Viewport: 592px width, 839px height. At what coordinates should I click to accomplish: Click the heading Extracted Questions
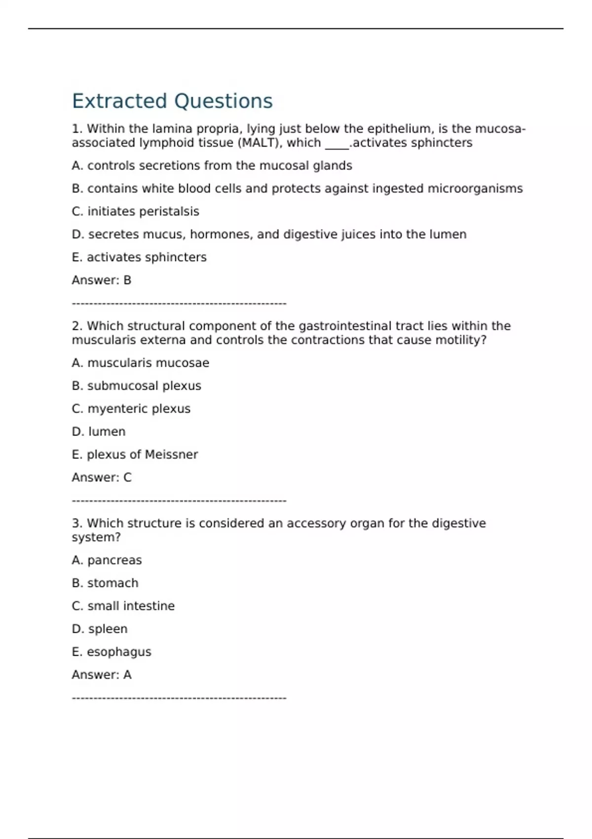click(x=172, y=101)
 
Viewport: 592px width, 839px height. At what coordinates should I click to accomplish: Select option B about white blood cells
click(x=297, y=189)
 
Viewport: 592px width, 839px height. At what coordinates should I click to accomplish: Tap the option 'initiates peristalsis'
click(x=136, y=211)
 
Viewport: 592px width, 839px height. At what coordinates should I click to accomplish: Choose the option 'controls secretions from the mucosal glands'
click(x=212, y=166)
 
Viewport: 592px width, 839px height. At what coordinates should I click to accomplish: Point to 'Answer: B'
click(x=102, y=280)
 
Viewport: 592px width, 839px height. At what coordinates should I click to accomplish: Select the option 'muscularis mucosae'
click(x=141, y=363)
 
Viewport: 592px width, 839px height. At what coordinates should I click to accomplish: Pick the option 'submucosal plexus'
click(x=137, y=386)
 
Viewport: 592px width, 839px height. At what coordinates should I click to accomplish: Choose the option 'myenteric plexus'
click(x=131, y=409)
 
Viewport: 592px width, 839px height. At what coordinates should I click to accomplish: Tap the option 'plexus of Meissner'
click(x=135, y=455)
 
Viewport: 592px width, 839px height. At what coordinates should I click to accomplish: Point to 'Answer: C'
click(x=102, y=477)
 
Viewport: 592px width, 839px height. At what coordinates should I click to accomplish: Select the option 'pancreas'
click(x=107, y=560)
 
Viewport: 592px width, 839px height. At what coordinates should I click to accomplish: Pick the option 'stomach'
click(x=105, y=583)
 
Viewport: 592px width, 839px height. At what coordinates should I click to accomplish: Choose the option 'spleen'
click(x=100, y=629)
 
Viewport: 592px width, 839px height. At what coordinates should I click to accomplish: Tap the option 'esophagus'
click(x=111, y=652)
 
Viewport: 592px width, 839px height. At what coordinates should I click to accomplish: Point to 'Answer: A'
click(x=102, y=675)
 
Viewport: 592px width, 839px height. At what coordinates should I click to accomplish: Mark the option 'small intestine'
click(x=123, y=606)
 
